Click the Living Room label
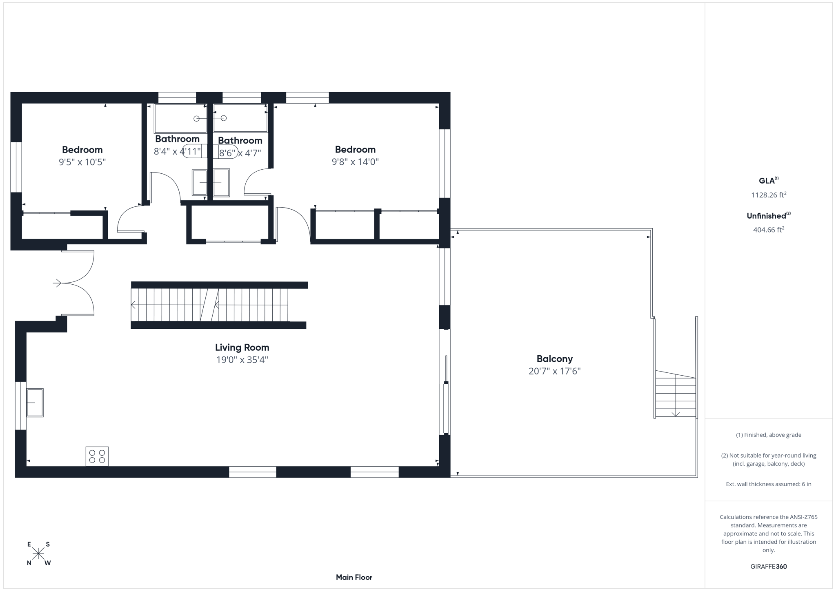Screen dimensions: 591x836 [x=242, y=348]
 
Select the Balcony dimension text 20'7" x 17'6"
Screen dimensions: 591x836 [x=554, y=371]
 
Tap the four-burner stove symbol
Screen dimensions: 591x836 [x=97, y=456]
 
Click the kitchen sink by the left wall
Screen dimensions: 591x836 [x=35, y=403]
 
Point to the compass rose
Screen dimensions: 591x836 [x=38, y=553]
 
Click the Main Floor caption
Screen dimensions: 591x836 [x=354, y=577]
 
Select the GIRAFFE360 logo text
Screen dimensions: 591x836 [x=768, y=567]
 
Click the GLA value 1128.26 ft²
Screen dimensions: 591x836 [x=768, y=195]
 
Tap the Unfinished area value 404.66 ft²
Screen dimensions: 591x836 [x=768, y=230]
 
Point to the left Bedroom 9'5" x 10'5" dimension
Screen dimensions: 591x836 [x=82, y=162]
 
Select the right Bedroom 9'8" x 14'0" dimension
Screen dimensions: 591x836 [x=355, y=162]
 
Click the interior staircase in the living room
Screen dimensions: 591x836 [x=210, y=305]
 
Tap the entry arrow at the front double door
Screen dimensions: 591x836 [x=57, y=283]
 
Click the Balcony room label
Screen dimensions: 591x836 [x=554, y=359]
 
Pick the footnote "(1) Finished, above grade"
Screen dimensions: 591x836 [x=768, y=435]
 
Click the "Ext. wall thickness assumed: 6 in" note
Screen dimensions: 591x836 [x=768, y=484]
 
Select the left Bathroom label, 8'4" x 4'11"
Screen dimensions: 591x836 [x=177, y=139]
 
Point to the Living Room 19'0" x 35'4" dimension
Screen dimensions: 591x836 [x=242, y=360]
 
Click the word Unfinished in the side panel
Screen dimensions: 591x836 [x=766, y=216]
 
